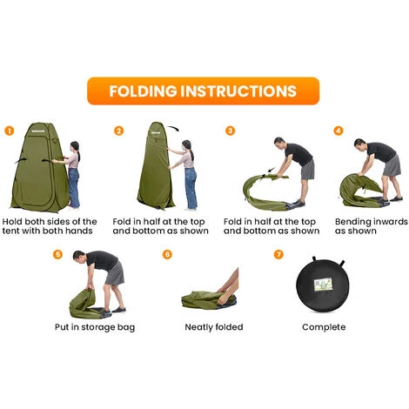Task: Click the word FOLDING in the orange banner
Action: [x=143, y=91]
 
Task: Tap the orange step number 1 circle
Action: [x=10, y=131]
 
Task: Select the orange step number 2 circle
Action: [x=118, y=131]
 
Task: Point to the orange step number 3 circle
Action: [x=230, y=131]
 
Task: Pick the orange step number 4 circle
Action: [x=339, y=131]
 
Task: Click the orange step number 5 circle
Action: [x=57, y=254]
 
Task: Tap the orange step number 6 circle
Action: [x=167, y=254]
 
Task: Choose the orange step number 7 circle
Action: [x=278, y=254]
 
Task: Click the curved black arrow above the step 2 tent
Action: [x=174, y=128]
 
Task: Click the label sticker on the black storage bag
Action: [x=324, y=285]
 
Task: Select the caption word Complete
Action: [x=324, y=327]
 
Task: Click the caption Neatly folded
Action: [x=214, y=327]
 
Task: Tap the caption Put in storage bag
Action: [x=95, y=327]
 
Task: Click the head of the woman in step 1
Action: [x=75, y=147]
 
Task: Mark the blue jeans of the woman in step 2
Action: [x=191, y=188]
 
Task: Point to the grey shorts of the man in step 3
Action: [x=308, y=169]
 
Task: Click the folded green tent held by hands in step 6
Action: [x=207, y=299]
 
